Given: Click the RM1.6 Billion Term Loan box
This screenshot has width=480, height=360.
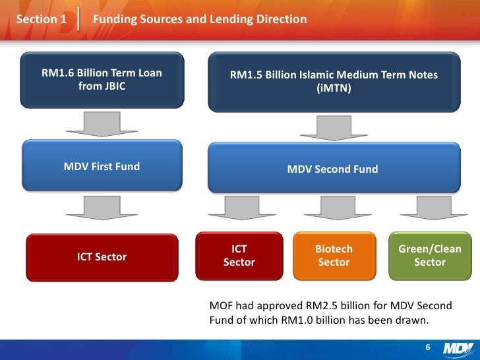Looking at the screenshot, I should click(102, 79).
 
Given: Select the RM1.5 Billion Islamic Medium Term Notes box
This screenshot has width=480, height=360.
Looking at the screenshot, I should click(333, 81).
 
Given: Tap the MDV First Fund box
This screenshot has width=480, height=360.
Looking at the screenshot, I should click(102, 167).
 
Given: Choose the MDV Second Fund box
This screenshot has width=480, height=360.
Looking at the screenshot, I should click(333, 169).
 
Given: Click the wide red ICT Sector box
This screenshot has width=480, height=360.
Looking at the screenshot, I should click(102, 257).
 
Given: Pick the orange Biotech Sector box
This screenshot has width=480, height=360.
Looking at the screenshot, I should click(334, 256).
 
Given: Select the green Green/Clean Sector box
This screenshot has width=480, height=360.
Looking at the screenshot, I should click(430, 256).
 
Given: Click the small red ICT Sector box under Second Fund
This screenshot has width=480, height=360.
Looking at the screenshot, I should click(239, 256).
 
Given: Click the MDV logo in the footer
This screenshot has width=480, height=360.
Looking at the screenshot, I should click(458, 348).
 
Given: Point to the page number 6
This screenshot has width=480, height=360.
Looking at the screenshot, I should click(427, 348).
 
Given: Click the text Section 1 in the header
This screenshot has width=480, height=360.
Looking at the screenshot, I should click(41, 19).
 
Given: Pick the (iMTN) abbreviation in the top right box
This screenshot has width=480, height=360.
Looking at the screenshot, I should click(334, 88).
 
